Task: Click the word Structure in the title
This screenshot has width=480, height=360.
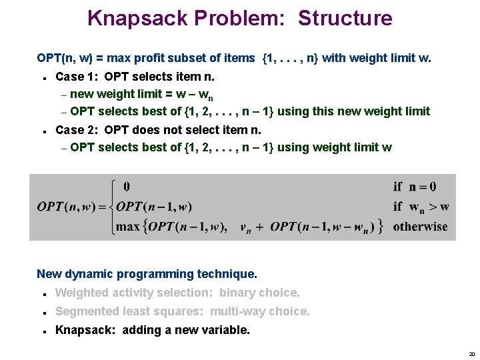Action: (x=345, y=18)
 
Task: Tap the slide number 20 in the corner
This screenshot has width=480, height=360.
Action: (x=471, y=354)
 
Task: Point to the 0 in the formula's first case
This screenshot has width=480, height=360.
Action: (x=127, y=187)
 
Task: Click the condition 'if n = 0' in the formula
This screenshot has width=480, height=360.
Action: (x=415, y=187)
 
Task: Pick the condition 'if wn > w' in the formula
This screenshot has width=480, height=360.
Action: (x=421, y=207)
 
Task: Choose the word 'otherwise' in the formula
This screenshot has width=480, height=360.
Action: (x=421, y=227)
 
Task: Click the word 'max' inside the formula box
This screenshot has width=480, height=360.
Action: (x=128, y=227)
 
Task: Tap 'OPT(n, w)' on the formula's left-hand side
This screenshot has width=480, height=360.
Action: (x=67, y=207)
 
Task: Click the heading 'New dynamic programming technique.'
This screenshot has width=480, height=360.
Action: (x=147, y=274)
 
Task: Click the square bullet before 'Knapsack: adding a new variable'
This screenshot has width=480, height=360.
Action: (x=41, y=331)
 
